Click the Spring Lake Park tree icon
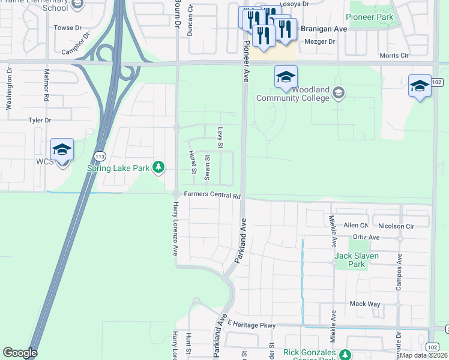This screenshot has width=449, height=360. pos(158,167)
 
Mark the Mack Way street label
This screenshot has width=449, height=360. pos(365,304)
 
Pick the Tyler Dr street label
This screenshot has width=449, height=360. pos(40,121)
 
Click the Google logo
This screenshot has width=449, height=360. pos(20,352)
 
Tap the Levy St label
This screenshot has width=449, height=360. pos(220,137)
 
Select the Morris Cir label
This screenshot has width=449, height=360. pos(394,56)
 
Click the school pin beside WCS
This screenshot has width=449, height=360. pos(62,149)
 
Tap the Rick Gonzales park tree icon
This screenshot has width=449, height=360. pos(345,354)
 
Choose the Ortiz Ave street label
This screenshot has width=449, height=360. pos(366,238)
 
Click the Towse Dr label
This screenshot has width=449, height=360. pos(67,28)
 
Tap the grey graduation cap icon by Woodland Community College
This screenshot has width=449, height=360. pos(339,93)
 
